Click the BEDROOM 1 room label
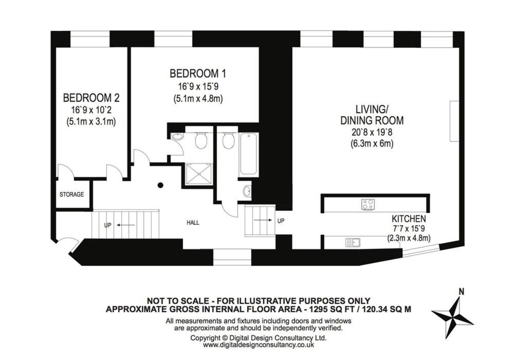pyautogui.click(x=198, y=73)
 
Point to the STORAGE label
pyautogui.click(x=71, y=194)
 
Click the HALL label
pyautogui.click(x=193, y=223)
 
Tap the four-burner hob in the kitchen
pyautogui.click(x=368, y=204)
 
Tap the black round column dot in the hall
pyautogui.click(x=160, y=185)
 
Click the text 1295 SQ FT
pyautogui.click(x=327, y=309)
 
